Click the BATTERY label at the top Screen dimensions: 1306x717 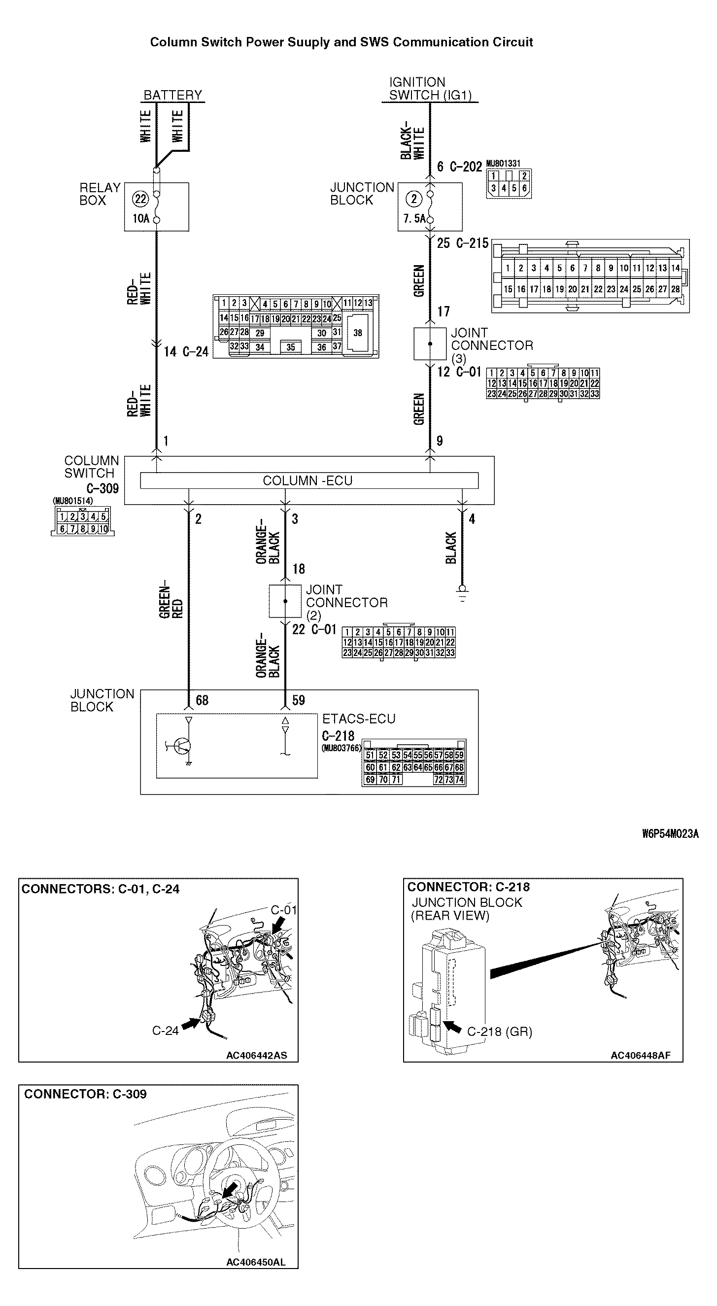(x=172, y=95)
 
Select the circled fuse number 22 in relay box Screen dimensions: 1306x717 (x=140, y=199)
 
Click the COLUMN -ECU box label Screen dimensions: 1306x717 (x=308, y=481)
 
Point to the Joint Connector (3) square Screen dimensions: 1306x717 (x=430, y=344)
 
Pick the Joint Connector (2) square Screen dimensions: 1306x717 (x=285, y=601)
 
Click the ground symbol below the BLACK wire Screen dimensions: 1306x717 (x=462, y=591)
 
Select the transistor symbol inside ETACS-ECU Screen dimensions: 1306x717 (x=181, y=745)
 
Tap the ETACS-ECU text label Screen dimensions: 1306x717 (x=359, y=719)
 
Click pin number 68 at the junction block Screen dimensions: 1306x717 (x=202, y=700)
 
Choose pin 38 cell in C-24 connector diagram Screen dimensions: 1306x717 (x=357, y=333)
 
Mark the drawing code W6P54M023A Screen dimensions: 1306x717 (x=670, y=834)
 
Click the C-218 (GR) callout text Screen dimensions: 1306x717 (x=500, y=1031)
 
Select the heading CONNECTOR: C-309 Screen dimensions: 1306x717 (x=85, y=1094)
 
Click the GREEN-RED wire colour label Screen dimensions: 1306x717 (x=171, y=602)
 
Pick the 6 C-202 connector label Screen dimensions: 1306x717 (x=459, y=167)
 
